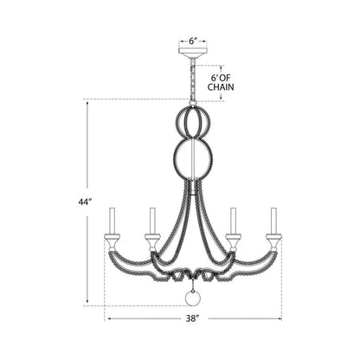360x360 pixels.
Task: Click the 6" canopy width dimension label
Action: pyautogui.click(x=193, y=41)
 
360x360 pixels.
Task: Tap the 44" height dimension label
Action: pyautogui.click(x=85, y=202)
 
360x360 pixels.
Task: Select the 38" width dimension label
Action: pyautogui.click(x=192, y=318)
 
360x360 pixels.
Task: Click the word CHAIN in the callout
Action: pyautogui.click(x=221, y=87)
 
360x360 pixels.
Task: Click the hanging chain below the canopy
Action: pyautogui.click(x=193, y=79)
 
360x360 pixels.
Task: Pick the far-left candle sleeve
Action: pyautogui.click(x=112, y=222)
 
